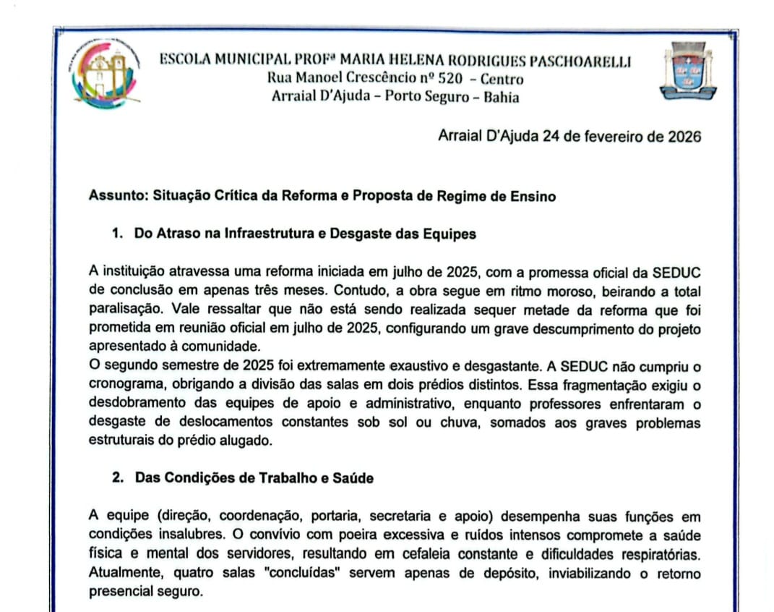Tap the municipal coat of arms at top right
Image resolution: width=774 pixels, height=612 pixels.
(687, 71)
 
